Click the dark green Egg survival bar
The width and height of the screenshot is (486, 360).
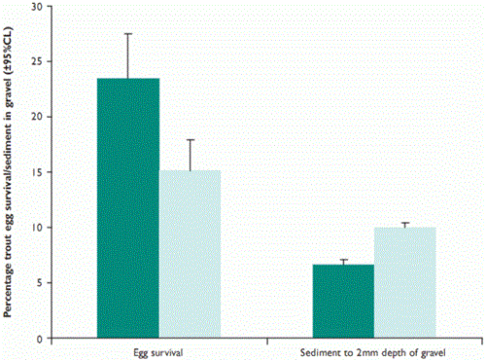coord(128,208)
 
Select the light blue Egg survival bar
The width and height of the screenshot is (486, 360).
coord(191,254)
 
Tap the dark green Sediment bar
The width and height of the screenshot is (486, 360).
coord(343,302)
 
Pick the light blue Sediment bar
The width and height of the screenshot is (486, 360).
coord(405,283)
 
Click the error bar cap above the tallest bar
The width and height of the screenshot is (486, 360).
coord(128,34)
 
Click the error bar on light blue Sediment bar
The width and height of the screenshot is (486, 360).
coord(405,225)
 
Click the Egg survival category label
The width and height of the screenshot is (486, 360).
coord(159,350)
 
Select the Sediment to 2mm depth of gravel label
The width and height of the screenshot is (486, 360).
coord(374,350)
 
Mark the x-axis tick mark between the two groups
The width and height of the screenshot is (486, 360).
coord(266,342)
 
